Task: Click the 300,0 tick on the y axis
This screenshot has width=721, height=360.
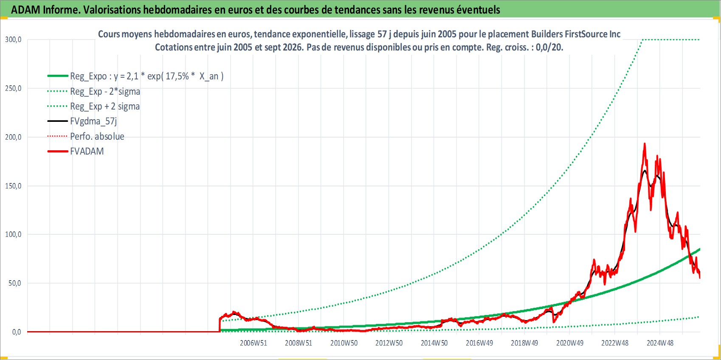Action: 13,39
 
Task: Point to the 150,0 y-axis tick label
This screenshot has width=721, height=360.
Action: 13,186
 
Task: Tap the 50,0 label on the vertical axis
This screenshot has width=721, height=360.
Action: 15,283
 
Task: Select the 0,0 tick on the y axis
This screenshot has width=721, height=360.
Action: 17,332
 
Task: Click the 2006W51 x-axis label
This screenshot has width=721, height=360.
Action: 253,343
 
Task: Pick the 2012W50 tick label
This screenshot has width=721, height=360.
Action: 389,343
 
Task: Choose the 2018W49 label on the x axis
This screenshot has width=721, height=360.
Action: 524,343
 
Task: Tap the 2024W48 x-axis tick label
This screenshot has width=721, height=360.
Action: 660,343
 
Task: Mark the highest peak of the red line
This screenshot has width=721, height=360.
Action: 645,143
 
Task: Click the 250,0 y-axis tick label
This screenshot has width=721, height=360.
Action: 13,88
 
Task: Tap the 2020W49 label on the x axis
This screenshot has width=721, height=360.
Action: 569,343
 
